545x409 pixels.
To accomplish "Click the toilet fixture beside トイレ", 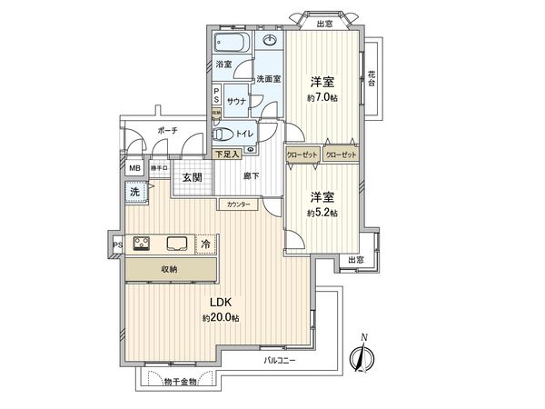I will point(222,134).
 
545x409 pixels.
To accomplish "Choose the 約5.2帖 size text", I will point(322,213).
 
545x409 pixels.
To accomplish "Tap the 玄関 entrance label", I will point(192,177).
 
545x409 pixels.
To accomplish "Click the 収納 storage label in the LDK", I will point(170,269).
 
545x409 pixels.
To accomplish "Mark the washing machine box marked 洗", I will point(134,193).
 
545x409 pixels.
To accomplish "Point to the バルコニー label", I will point(280,360).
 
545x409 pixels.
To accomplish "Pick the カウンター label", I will point(239,204).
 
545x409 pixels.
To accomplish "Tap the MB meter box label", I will point(134,168).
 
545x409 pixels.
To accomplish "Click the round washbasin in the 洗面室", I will point(270,41).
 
